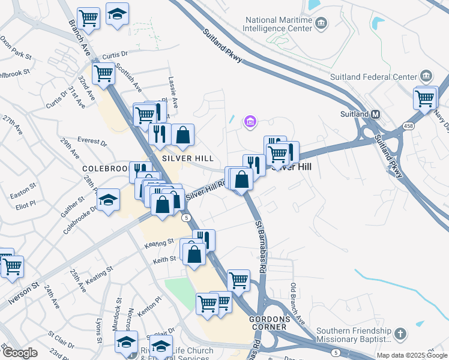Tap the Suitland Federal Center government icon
(x=426, y=76)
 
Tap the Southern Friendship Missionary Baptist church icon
(x=401, y=333)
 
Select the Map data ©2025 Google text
(x=411, y=355)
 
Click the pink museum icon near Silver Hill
(x=250, y=122)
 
